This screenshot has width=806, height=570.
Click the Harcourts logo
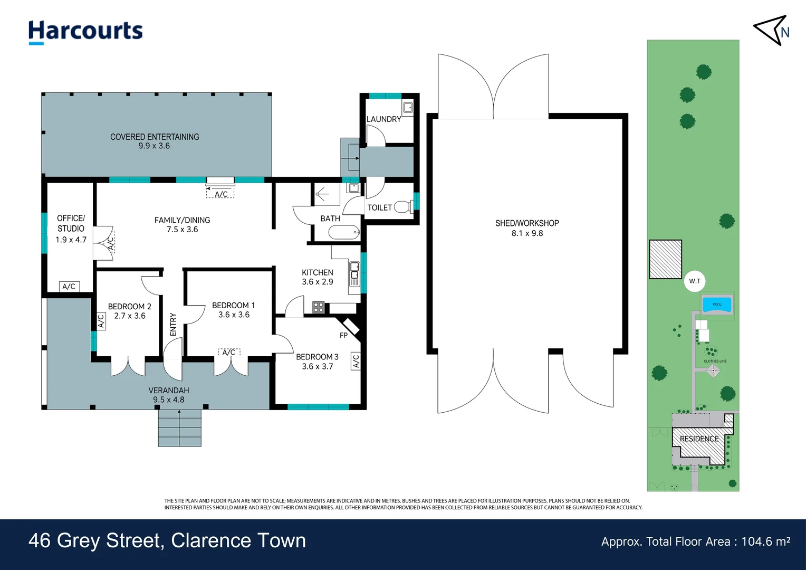click(x=85, y=32)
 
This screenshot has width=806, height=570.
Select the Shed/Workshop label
click(x=527, y=223)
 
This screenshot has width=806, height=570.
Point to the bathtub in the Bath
click(x=344, y=232)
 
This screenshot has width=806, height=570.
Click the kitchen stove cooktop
click(x=319, y=308)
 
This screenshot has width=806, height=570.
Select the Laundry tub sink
click(x=408, y=107)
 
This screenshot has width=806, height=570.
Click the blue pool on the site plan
click(x=717, y=305)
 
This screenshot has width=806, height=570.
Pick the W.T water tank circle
click(x=695, y=281)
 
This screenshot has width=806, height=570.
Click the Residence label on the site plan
click(x=699, y=439)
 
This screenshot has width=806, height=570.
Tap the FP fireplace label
click(x=343, y=335)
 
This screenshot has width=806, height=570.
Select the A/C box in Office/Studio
click(x=69, y=287)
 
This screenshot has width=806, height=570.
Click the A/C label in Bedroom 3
click(x=356, y=361)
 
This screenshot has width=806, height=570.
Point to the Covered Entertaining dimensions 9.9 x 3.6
click(x=154, y=146)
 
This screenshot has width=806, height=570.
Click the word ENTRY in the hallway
click(x=173, y=325)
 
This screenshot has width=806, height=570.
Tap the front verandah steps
click(x=179, y=428)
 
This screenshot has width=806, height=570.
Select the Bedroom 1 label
click(x=234, y=306)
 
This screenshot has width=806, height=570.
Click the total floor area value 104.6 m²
click(x=766, y=541)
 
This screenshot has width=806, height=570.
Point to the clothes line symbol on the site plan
click(x=713, y=370)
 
